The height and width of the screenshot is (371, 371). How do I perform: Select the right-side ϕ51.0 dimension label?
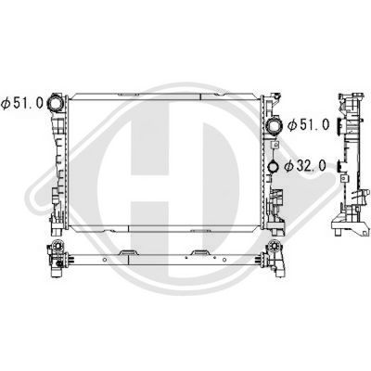tap(309, 123)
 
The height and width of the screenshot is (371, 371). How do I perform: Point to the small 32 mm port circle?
tap(275, 169)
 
